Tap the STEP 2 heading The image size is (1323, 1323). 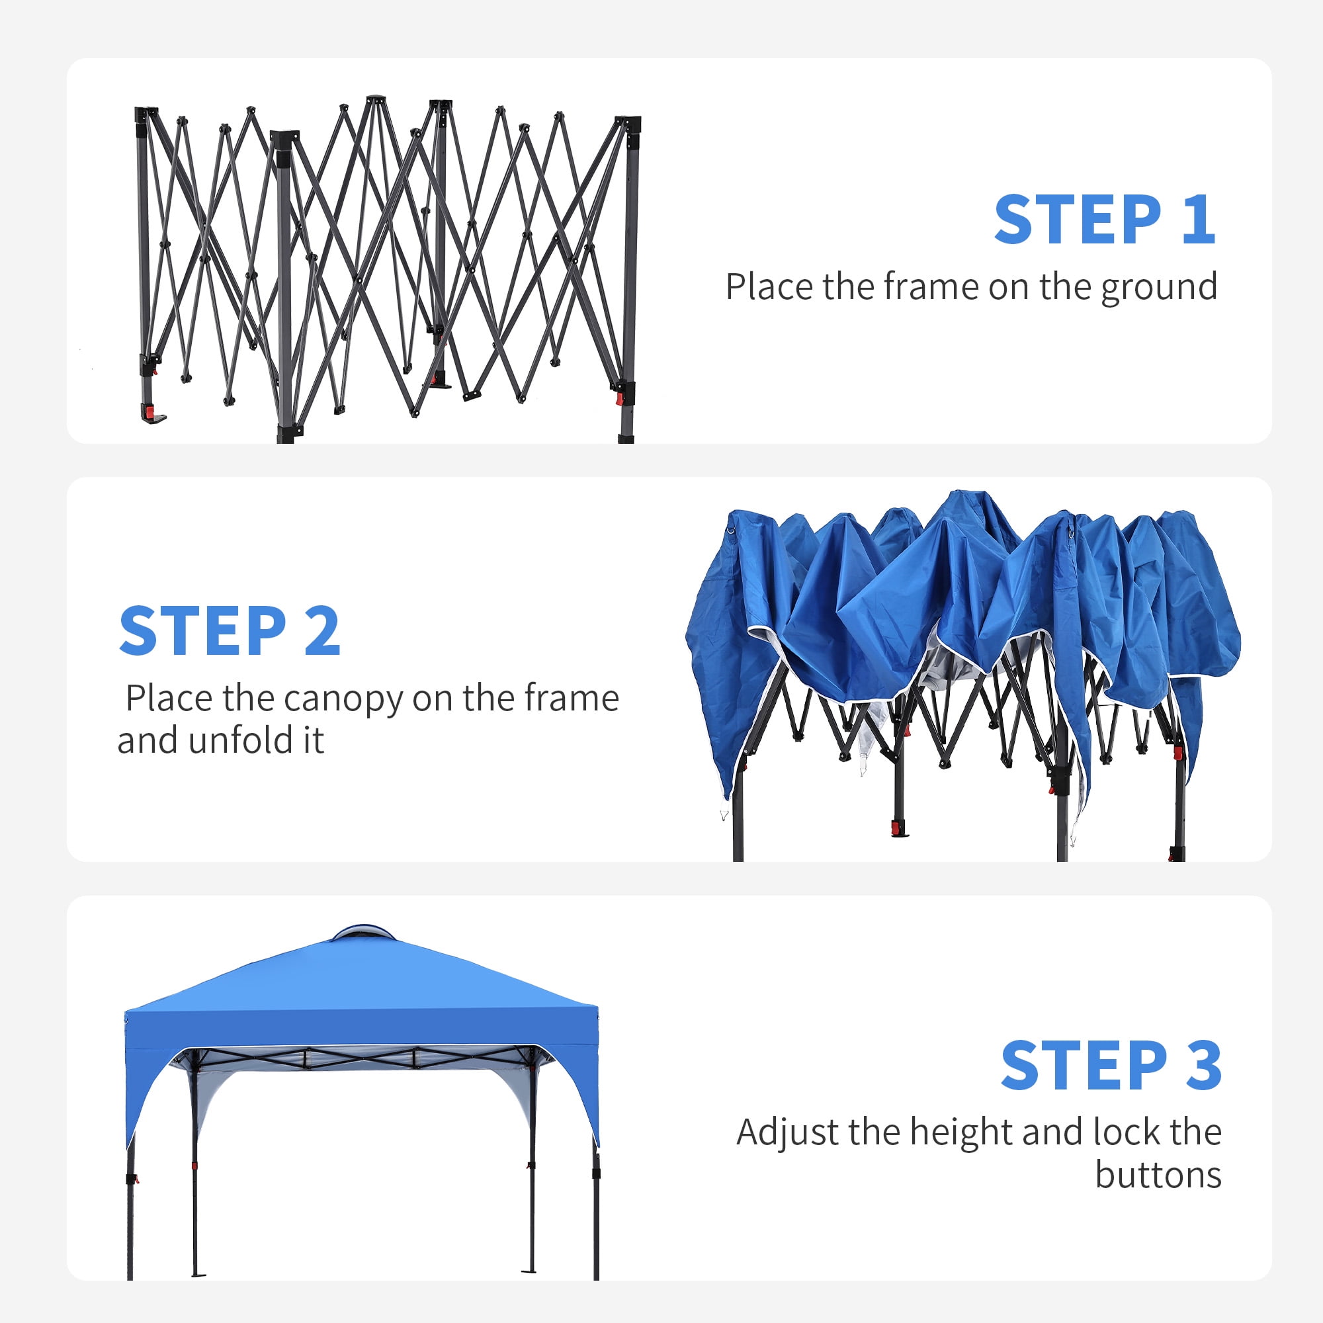click(230, 630)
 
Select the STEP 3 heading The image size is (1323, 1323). click(1111, 1064)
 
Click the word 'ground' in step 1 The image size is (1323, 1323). click(1159, 288)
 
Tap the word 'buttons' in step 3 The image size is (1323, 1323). click(1159, 1175)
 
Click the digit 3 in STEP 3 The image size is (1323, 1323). click(1204, 1064)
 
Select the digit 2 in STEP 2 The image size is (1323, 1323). click(322, 630)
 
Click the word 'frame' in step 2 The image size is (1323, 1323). click(572, 699)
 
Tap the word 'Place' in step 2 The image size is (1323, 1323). click(169, 699)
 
